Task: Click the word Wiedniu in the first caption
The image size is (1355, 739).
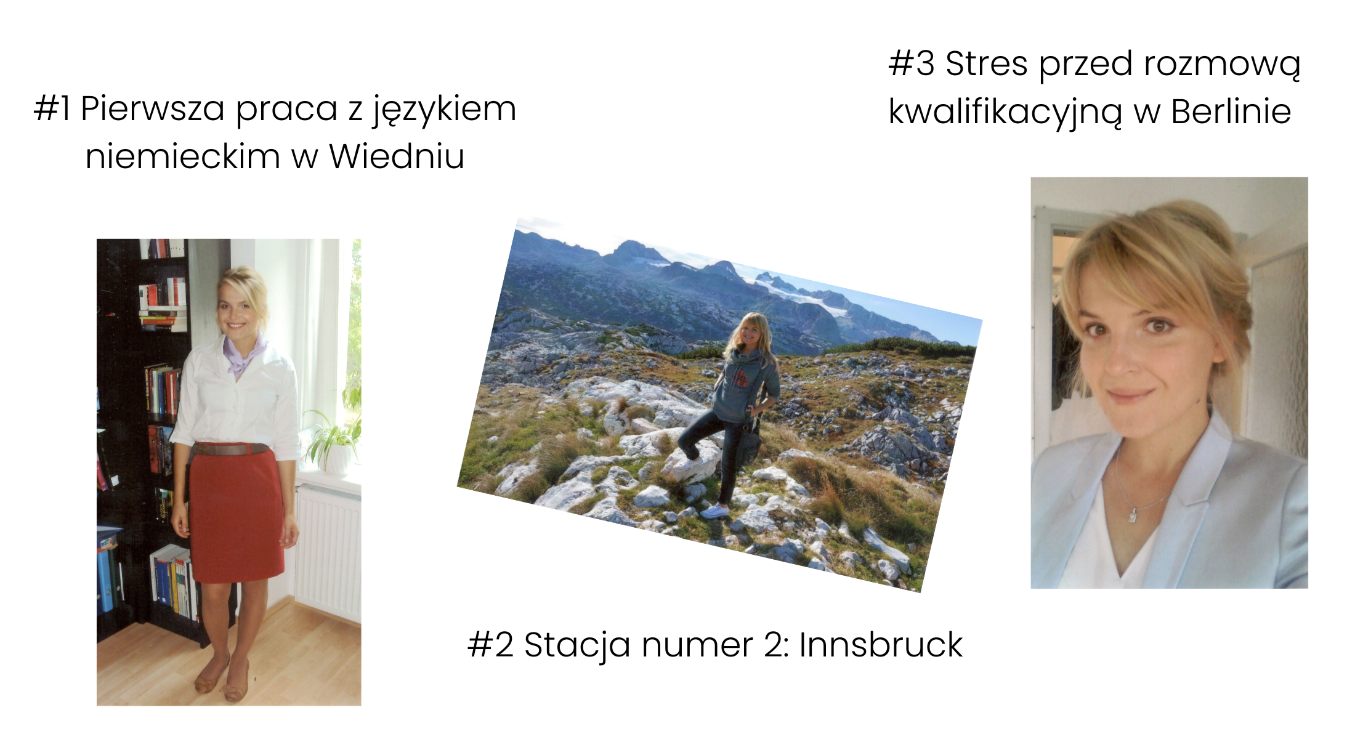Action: click(x=397, y=156)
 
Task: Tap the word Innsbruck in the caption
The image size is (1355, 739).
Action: click(x=881, y=645)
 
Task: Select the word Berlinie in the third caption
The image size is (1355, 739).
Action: click(x=1231, y=111)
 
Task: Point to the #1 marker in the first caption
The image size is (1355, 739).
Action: click(x=52, y=109)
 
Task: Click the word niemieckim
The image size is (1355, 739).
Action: click(x=183, y=156)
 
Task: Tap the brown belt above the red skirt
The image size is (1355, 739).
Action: click(x=229, y=449)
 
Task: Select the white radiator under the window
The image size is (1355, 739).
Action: click(x=328, y=552)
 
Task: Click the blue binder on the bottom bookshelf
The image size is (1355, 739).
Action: click(x=105, y=579)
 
